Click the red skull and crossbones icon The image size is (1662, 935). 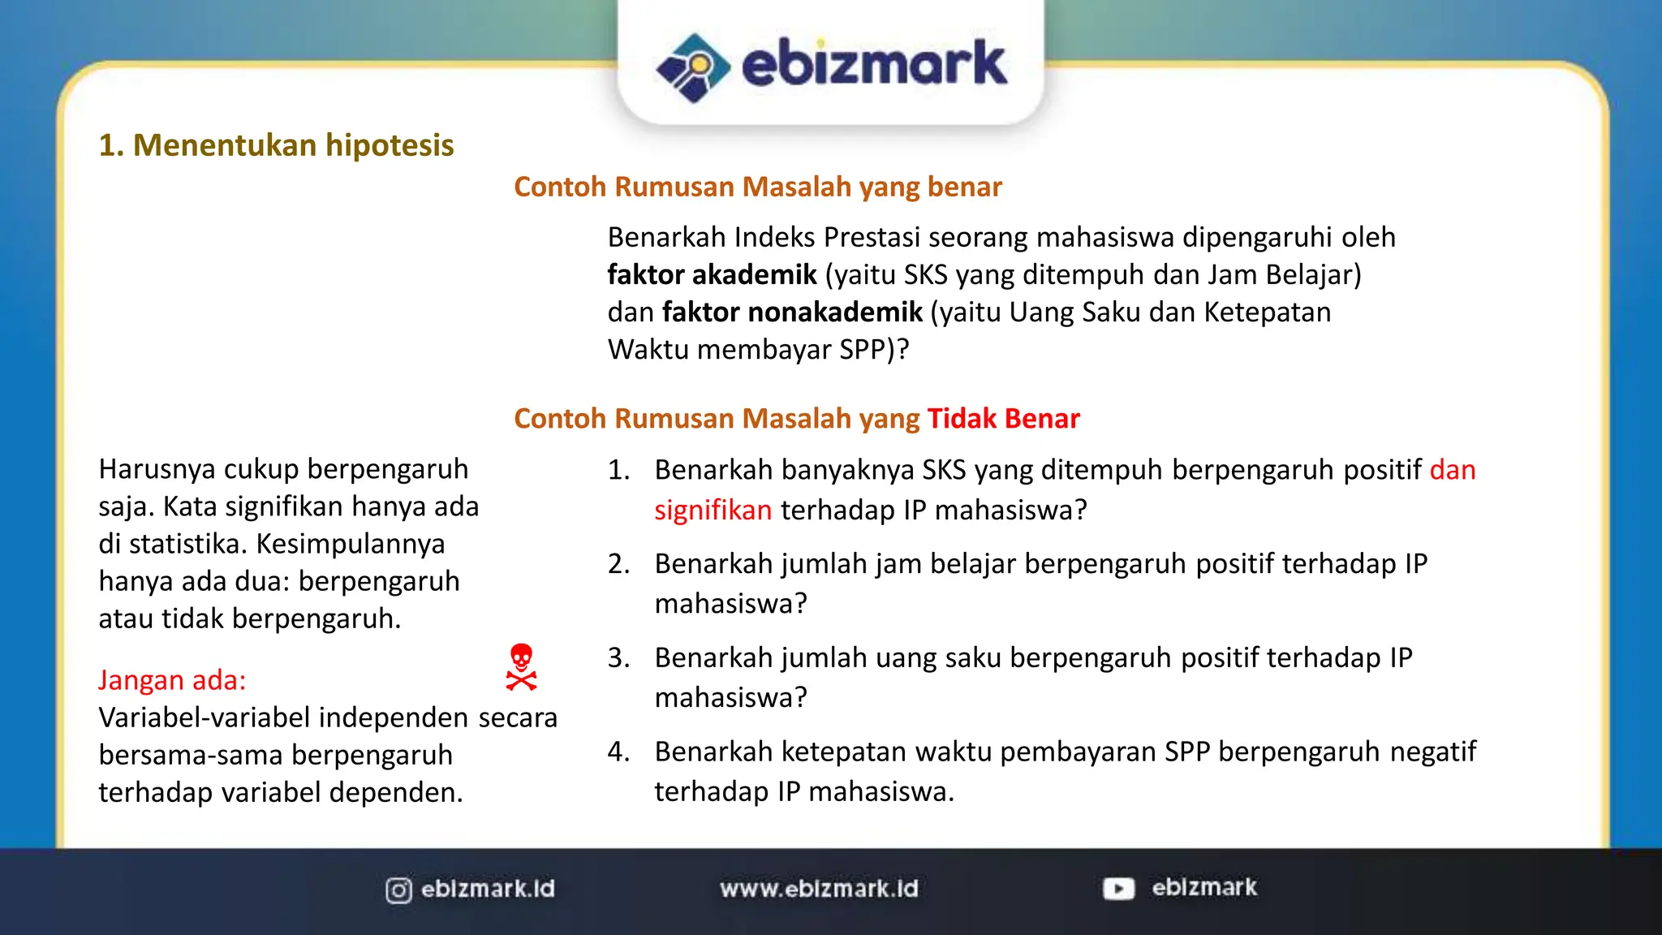[521, 667]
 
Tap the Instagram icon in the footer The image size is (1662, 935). [398, 890]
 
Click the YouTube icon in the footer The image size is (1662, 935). [1118, 889]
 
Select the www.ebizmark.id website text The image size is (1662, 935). [819, 889]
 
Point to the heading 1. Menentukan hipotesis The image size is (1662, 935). [276, 145]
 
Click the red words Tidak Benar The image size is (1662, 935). [1003, 418]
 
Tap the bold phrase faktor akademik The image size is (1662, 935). [712, 275]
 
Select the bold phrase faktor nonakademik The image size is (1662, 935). [792, 312]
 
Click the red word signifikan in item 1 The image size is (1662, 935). [713, 511]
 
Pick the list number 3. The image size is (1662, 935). [618, 657]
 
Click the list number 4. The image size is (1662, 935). [618, 752]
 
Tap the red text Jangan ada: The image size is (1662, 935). [172, 680]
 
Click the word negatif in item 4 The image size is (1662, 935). [1432, 752]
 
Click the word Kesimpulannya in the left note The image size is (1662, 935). [351, 544]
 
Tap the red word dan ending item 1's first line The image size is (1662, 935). [1452, 470]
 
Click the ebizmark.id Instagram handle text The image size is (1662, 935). [488, 889]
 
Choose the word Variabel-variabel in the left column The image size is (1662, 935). [204, 717]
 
